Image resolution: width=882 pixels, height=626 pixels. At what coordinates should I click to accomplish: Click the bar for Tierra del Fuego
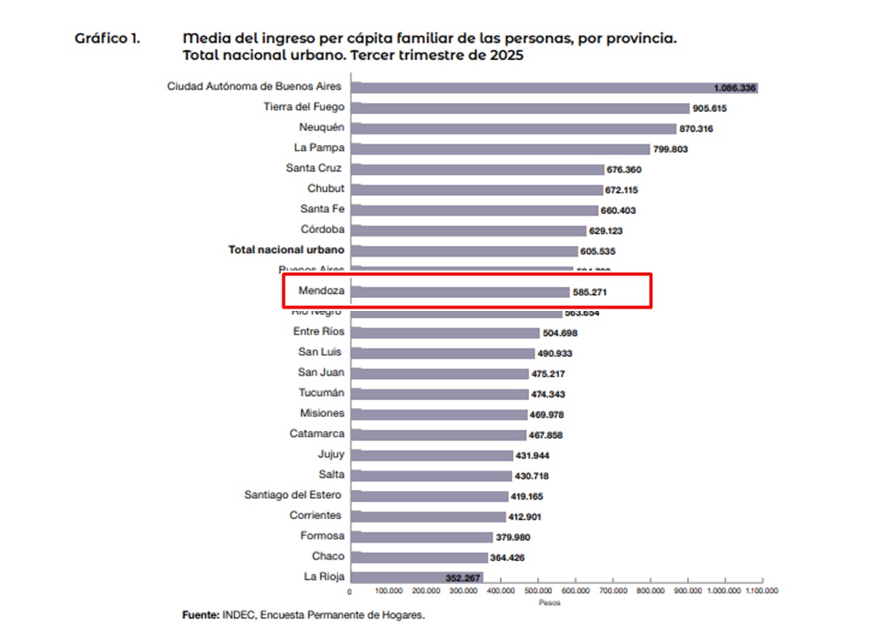click(523, 108)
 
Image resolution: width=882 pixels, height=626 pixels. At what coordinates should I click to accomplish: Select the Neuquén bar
click(515, 128)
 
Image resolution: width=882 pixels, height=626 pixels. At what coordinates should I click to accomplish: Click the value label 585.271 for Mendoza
click(590, 292)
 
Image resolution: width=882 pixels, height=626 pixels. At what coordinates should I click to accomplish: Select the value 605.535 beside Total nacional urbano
click(599, 251)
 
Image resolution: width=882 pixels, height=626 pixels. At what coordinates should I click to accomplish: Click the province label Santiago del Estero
click(293, 495)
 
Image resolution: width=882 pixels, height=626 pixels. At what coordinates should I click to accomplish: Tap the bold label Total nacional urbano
click(286, 250)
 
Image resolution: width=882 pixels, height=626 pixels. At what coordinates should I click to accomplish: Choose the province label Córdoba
click(322, 229)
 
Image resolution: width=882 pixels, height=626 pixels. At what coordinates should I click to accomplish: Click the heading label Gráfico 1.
click(107, 38)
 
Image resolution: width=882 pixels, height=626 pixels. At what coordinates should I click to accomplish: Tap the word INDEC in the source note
click(239, 615)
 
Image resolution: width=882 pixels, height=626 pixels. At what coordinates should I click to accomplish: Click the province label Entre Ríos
click(318, 331)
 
